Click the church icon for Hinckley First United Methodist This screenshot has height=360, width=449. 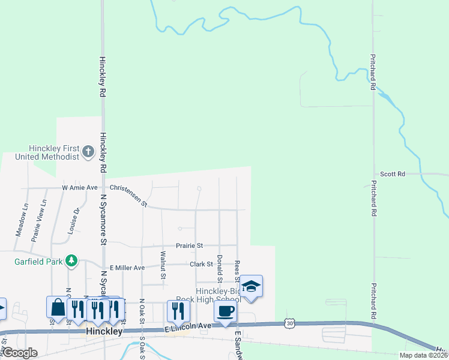pyautogui.click(x=88, y=151)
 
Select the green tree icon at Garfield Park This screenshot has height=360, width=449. pyautogui.click(x=71, y=260)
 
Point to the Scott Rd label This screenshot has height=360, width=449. pyautogui.click(x=393, y=174)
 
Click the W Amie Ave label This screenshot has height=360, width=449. pyautogui.click(x=79, y=188)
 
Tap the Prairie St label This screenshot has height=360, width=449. pyautogui.click(x=190, y=245)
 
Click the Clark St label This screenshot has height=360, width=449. pyautogui.click(x=201, y=264)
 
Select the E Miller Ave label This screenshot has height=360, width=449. pyautogui.click(x=127, y=268)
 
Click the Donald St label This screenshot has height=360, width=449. pyautogui.click(x=220, y=268)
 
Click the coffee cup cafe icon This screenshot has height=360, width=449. pyautogui.click(x=225, y=311)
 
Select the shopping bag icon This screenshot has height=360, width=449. pyautogui.click(x=58, y=307)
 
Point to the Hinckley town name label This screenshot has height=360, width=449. pyautogui.click(x=104, y=331)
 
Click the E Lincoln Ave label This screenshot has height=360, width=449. pyautogui.click(x=188, y=326)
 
